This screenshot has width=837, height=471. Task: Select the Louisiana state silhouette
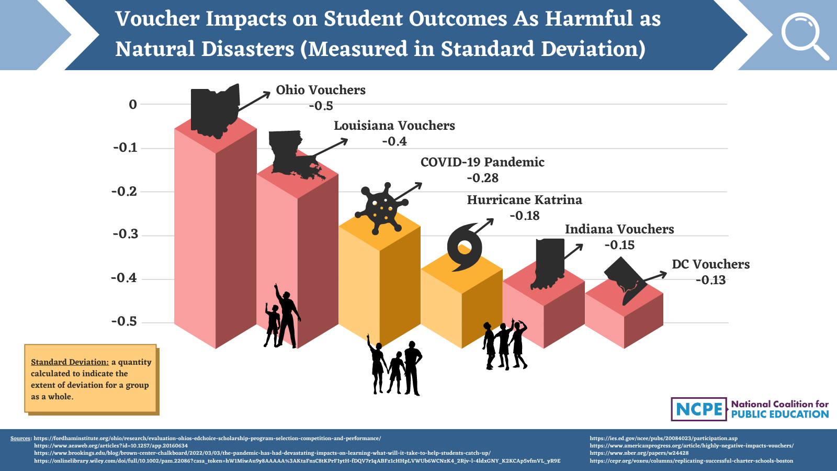(290, 153)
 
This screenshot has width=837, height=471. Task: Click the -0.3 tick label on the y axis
(126, 234)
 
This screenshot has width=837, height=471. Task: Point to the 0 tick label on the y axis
(133, 105)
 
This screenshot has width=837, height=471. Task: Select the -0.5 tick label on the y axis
(125, 321)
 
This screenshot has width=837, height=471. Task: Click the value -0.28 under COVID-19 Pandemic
(482, 178)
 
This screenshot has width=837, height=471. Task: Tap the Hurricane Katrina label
(524, 200)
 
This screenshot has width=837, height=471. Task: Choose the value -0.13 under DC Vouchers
(710, 280)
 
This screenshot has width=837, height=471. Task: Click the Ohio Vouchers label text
(321, 90)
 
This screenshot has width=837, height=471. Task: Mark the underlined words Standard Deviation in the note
(70, 362)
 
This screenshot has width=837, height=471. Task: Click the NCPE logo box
(699, 409)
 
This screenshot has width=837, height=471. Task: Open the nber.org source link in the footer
(639, 453)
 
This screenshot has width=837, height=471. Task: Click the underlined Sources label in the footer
(21, 439)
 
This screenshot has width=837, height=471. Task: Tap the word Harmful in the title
(589, 19)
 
